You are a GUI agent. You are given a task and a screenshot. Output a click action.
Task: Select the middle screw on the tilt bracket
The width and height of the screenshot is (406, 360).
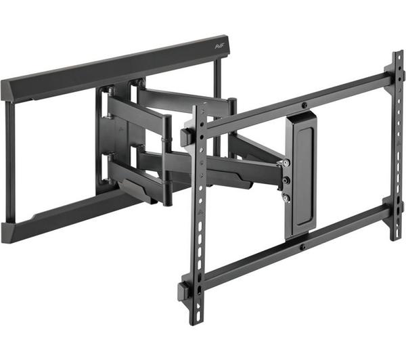[x=286, y=181]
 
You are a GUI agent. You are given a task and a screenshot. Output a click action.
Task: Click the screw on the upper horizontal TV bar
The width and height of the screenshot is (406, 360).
[x=304, y=105]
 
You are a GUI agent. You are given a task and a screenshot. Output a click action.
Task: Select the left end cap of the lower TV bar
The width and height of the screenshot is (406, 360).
[x=183, y=292]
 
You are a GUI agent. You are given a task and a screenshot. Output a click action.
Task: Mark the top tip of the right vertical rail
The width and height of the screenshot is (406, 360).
[x=397, y=53]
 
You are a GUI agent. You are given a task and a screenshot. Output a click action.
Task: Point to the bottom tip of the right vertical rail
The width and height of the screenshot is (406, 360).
[x=395, y=238]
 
